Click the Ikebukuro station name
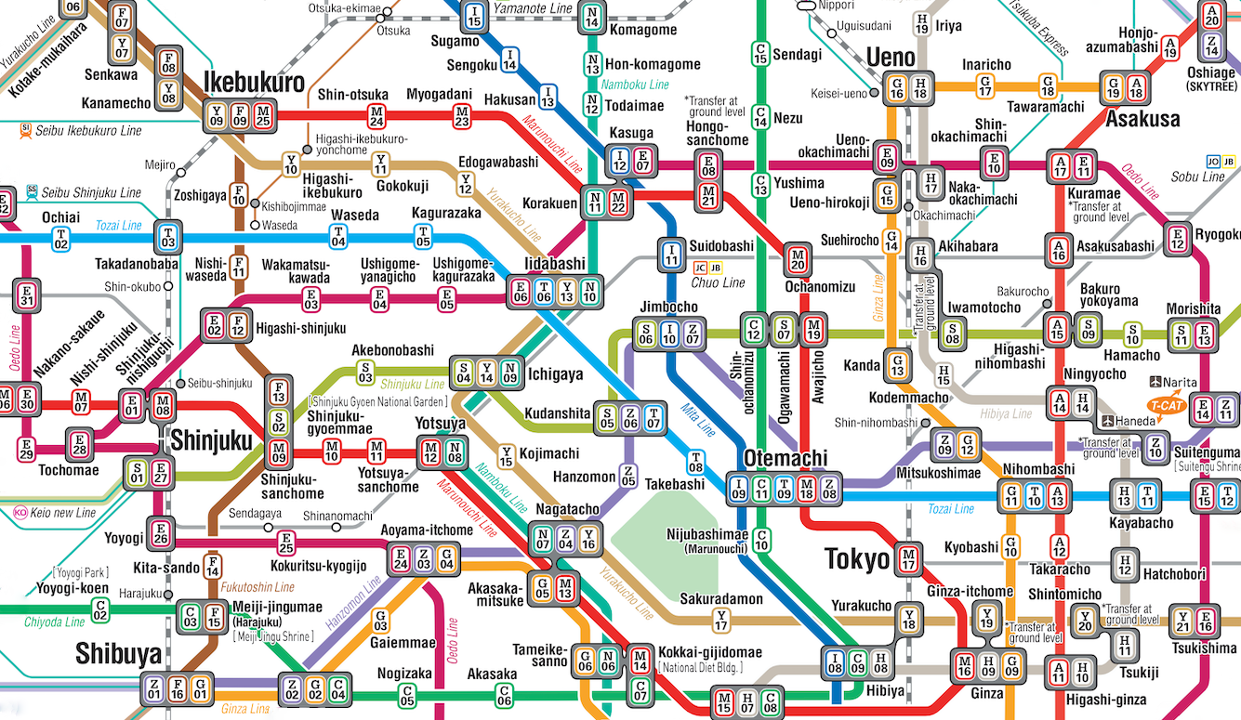click(254, 83)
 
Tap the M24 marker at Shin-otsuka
click(376, 116)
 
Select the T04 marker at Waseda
click(338, 237)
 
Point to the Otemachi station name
click(786, 458)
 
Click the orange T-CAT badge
click(1167, 406)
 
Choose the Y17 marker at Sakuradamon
click(721, 620)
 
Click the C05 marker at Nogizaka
click(406, 693)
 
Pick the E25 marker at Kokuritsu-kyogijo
click(286, 543)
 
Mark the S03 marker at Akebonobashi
click(365, 373)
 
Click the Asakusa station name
click(1142, 118)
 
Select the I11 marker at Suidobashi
click(671, 253)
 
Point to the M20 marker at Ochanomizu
click(798, 258)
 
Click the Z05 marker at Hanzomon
click(628, 477)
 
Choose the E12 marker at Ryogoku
click(1179, 239)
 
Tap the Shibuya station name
click(119, 655)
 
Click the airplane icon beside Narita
click(1157, 381)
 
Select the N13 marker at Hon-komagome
click(592, 64)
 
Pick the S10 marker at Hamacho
click(1131, 333)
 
